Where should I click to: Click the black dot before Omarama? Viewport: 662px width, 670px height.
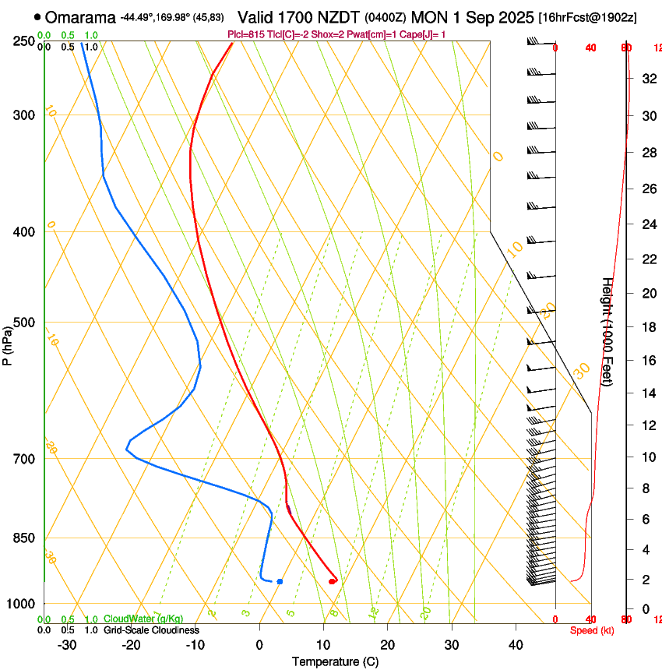pyautogui.click(x=37, y=17)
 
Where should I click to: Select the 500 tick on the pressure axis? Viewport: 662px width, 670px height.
pyautogui.click(x=24, y=323)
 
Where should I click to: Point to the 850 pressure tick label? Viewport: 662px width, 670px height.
pyautogui.click(x=24, y=538)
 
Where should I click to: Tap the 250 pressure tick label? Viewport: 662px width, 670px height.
pyautogui.click(x=24, y=41)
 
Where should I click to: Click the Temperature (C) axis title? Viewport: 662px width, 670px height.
pyautogui.click(x=335, y=661)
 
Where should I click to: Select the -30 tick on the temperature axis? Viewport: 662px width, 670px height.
pyautogui.click(x=67, y=644)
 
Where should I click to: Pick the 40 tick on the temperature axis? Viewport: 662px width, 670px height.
pyautogui.click(x=516, y=644)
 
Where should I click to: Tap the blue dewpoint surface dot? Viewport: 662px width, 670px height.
pyautogui.click(x=280, y=581)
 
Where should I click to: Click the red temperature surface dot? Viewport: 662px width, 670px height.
pyautogui.click(x=332, y=581)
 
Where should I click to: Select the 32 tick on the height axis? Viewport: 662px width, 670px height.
pyautogui.click(x=648, y=78)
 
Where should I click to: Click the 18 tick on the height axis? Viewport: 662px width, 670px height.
pyautogui.click(x=648, y=327)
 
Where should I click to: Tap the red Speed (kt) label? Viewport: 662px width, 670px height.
pyautogui.click(x=592, y=630)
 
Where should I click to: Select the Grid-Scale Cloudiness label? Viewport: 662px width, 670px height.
pyautogui.click(x=151, y=630)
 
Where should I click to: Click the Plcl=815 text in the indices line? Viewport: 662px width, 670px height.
pyautogui.click(x=244, y=34)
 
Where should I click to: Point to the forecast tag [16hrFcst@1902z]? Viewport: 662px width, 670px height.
pyautogui.click(x=587, y=17)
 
